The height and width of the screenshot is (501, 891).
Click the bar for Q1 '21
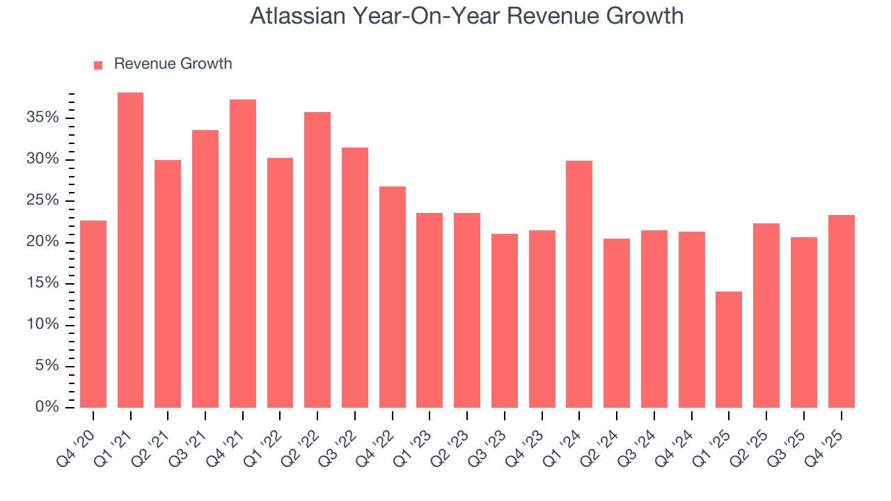pyautogui.click(x=130, y=250)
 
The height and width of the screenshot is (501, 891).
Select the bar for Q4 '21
pyautogui.click(x=243, y=253)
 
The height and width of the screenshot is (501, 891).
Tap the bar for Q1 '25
pyautogui.click(x=729, y=349)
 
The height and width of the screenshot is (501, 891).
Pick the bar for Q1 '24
pyautogui.click(x=579, y=284)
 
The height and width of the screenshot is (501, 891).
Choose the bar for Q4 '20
pyautogui.click(x=93, y=314)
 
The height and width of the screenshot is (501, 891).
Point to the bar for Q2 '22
pyautogui.click(x=317, y=260)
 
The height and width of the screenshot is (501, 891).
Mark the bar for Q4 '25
pyautogui.click(x=842, y=311)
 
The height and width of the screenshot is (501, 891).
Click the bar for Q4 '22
pyautogui.click(x=393, y=297)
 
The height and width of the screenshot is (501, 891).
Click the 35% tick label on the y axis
pyautogui.click(x=42, y=118)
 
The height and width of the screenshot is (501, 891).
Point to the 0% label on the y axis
pyautogui.click(x=47, y=407)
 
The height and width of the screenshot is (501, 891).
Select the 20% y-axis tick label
pyautogui.click(x=42, y=241)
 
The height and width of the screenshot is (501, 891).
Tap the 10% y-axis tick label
pyautogui.click(x=42, y=324)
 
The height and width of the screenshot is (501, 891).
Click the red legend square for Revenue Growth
pyautogui.click(x=98, y=65)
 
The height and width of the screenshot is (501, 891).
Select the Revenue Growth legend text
pyautogui.click(x=173, y=64)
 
